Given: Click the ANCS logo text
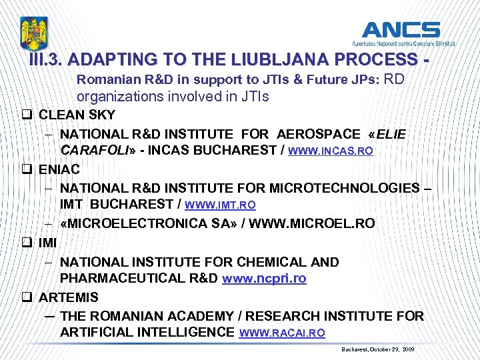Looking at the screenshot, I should (x=401, y=30).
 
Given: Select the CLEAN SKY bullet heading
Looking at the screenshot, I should (x=77, y=115).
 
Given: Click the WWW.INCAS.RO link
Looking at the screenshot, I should (x=330, y=151).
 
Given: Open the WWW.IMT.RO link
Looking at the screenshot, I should (x=219, y=205).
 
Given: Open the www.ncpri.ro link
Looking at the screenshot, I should (x=263, y=279).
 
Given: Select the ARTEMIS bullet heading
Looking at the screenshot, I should (x=69, y=297).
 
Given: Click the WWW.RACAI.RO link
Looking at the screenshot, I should (x=282, y=333).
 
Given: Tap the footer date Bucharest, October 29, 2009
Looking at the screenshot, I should (x=377, y=349).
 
